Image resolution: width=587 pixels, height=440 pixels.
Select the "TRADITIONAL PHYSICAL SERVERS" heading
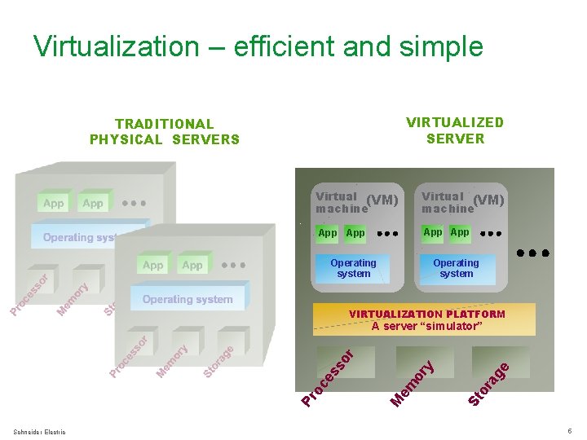click(x=164, y=131)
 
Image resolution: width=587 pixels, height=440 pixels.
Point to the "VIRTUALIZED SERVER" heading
click(x=455, y=130)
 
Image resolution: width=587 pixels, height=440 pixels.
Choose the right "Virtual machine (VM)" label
click(x=462, y=202)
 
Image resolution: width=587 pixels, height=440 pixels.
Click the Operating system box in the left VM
click(x=353, y=268)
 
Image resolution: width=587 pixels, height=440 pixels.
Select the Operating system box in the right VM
click(x=456, y=268)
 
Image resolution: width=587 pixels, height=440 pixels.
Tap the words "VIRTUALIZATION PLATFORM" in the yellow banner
click(x=426, y=314)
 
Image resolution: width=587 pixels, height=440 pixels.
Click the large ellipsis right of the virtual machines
click(x=534, y=253)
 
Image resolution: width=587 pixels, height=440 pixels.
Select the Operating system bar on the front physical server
click(x=188, y=299)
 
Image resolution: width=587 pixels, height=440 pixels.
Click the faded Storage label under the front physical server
click(x=218, y=362)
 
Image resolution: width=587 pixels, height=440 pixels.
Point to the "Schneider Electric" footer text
click(x=40, y=431)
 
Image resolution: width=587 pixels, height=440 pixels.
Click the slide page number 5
click(x=569, y=430)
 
